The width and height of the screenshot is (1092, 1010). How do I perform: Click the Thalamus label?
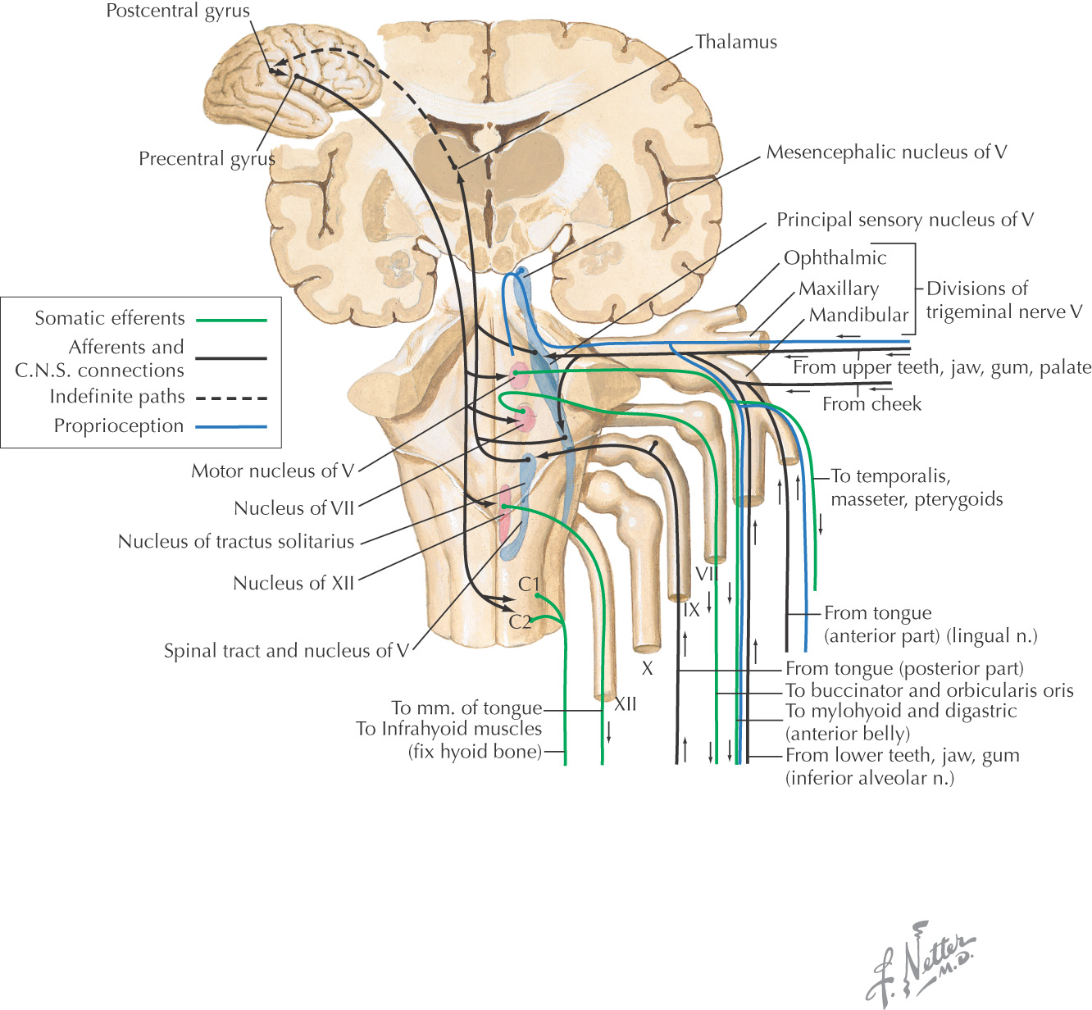[x=735, y=42]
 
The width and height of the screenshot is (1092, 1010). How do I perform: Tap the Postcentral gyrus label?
[x=178, y=11]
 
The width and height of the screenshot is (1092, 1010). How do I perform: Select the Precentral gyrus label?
[x=207, y=158]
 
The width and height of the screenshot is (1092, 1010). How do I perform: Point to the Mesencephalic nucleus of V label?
[x=886, y=152]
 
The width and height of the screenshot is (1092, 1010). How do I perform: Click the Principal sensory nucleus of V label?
[x=905, y=220]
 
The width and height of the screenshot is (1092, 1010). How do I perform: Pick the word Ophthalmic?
[x=835, y=258]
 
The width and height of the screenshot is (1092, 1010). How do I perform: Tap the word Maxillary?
[x=838, y=289]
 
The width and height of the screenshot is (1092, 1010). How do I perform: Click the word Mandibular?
[x=858, y=315]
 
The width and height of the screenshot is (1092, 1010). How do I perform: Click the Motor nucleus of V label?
[x=272, y=471]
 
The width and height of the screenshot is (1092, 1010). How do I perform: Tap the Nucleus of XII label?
[x=293, y=583]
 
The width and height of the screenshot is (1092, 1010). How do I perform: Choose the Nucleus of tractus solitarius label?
[x=236, y=541]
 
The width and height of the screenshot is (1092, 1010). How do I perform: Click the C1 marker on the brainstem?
[x=529, y=585]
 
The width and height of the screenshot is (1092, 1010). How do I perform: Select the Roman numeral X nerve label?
[x=647, y=669]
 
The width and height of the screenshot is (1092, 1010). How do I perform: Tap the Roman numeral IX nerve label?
[x=691, y=610]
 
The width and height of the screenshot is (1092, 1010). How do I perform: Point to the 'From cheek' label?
[x=871, y=404]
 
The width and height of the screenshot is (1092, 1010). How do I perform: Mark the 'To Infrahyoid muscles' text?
[x=448, y=729]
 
